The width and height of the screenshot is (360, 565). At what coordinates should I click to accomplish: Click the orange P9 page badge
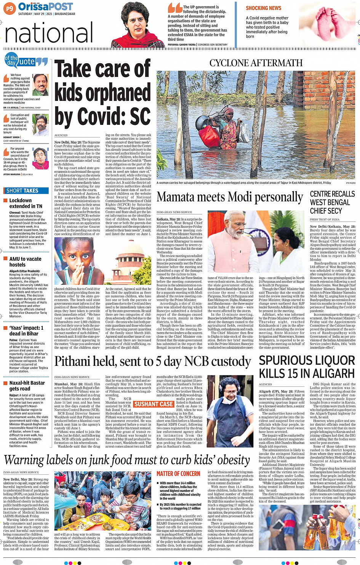click(x=9, y=8)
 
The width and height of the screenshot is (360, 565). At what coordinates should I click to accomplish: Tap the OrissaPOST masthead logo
click(x=45, y=7)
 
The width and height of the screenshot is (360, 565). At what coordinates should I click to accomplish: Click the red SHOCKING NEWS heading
click(x=263, y=8)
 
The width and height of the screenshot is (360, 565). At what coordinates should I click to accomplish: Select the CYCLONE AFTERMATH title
click(x=256, y=63)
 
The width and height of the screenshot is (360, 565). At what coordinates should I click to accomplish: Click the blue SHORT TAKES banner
click(x=22, y=190)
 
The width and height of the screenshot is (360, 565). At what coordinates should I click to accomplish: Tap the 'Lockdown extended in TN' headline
click(x=26, y=203)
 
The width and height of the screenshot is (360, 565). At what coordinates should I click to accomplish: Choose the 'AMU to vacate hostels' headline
click(x=25, y=262)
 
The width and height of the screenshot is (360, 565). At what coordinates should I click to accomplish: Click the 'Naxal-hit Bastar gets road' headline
click(x=27, y=386)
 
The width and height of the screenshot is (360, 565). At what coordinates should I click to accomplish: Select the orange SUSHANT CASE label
click(x=154, y=404)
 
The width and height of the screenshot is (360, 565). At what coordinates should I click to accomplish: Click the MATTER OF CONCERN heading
click(x=178, y=474)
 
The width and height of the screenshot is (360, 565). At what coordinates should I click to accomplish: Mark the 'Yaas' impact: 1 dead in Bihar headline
click(x=26, y=330)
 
